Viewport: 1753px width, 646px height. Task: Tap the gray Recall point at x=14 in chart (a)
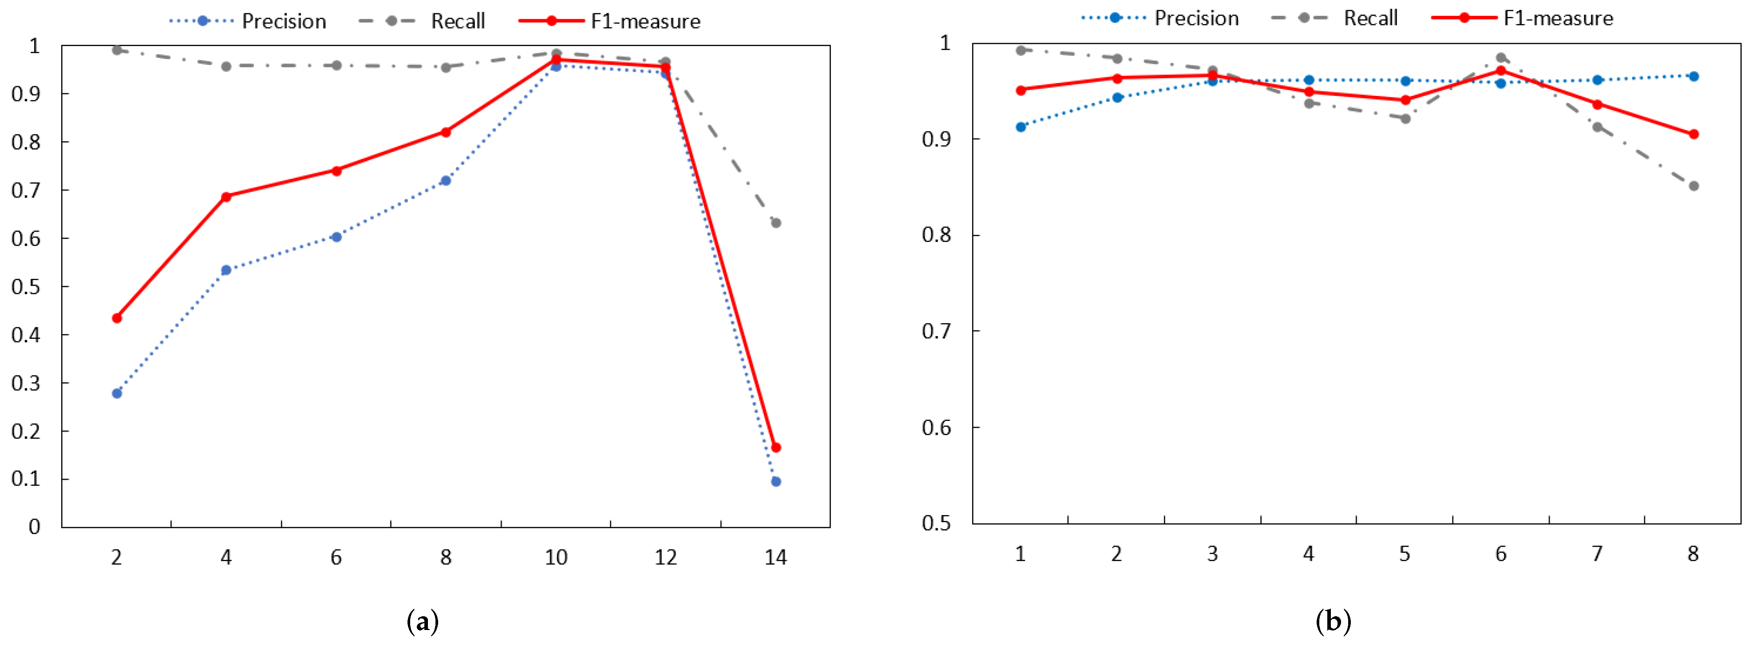coord(776,222)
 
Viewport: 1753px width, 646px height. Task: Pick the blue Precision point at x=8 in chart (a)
coord(446,180)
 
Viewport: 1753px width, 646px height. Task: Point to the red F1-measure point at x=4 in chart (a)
coord(226,196)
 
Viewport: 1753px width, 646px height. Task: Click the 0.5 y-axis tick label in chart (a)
coord(25,286)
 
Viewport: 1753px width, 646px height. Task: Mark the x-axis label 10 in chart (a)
coord(555,558)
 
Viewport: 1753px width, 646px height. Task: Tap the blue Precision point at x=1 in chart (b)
coord(1020,127)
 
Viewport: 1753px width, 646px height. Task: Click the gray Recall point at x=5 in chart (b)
coord(1405,119)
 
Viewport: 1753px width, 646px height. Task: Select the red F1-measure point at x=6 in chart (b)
coord(1500,70)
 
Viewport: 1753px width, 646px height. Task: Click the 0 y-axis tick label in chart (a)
coord(34,527)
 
